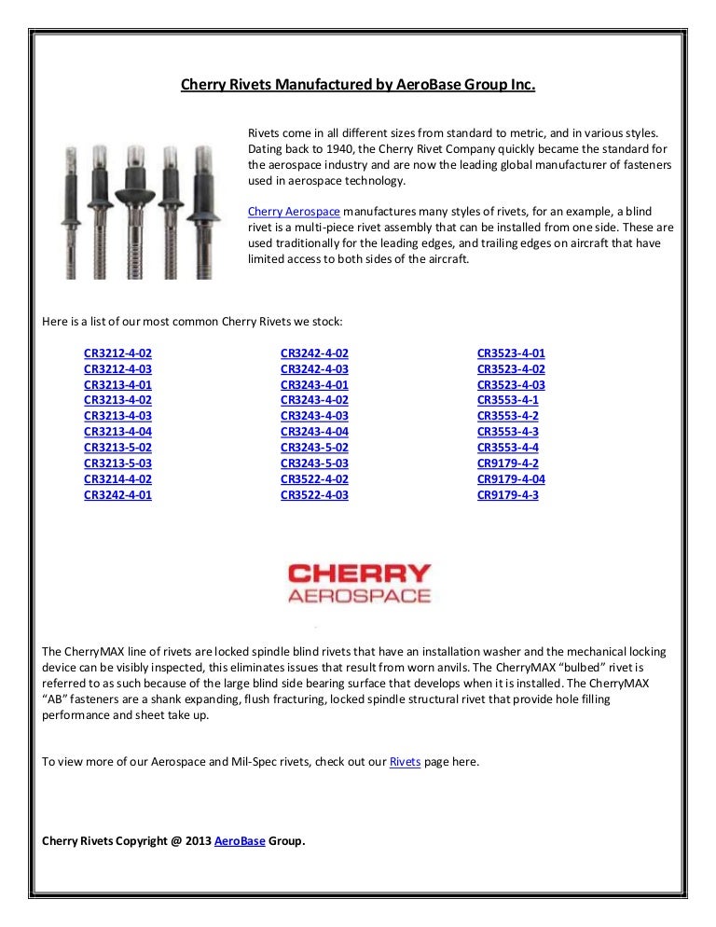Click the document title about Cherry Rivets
[358, 86]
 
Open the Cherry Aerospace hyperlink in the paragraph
[293, 211]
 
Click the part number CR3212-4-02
[117, 353]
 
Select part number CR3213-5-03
[117, 463]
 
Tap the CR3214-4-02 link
[117, 479]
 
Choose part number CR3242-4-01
[117, 495]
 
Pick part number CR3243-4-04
[314, 432]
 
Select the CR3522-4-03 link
[314, 495]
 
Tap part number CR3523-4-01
[511, 353]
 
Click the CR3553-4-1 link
[507, 400]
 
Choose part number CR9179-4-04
[511, 479]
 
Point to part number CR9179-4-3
[507, 495]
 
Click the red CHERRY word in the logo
[359, 574]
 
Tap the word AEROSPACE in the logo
[359, 596]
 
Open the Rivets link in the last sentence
[405, 762]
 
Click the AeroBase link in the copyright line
[240, 840]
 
